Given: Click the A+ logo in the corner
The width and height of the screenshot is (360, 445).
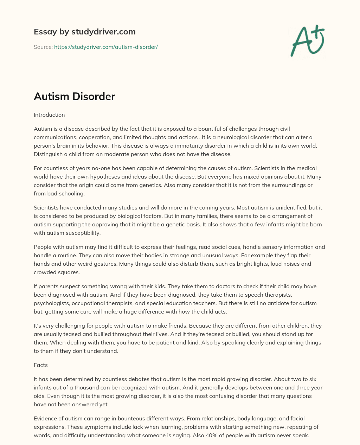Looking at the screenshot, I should coord(307,41).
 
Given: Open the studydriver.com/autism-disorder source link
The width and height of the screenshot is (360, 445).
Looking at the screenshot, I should coord(106,47).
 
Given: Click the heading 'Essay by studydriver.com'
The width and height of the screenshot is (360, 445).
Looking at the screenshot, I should coord(84,32).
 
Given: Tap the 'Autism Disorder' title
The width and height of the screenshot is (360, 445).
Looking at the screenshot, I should coord(74,96).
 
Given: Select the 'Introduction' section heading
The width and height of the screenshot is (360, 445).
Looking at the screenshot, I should coord(49,115).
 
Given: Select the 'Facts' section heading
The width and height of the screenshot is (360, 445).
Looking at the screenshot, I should coord(41,365).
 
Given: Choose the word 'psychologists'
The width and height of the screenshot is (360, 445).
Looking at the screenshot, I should coord(51,303).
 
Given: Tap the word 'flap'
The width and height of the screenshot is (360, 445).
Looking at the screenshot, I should coord(288,255).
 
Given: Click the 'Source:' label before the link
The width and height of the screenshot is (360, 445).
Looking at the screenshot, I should coord(43,47).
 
